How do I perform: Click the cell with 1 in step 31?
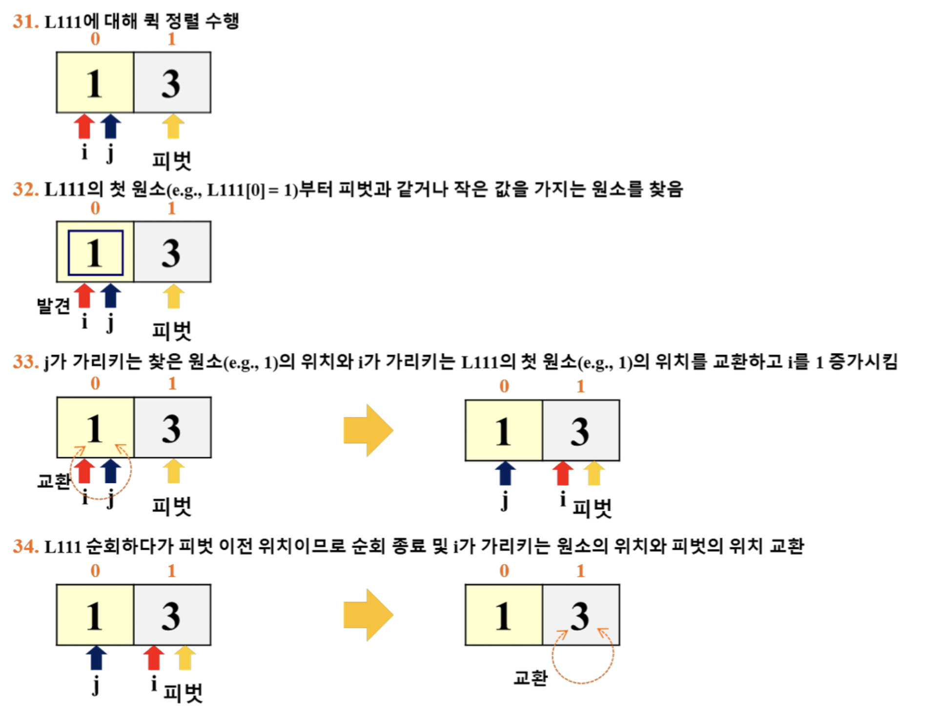pyautogui.click(x=95, y=83)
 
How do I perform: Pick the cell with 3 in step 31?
pyautogui.click(x=172, y=83)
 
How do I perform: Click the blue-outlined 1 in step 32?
pyautogui.click(x=95, y=253)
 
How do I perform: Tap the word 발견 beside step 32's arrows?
pyautogui.click(x=53, y=305)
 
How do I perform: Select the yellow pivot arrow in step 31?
pyautogui.click(x=173, y=126)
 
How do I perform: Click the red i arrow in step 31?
pyautogui.click(x=84, y=126)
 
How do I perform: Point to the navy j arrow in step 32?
pyautogui.click(x=111, y=296)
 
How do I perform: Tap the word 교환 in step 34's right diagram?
pyautogui.click(x=531, y=677)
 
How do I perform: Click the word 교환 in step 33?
pyautogui.click(x=53, y=481)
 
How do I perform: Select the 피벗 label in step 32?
pyautogui.click(x=172, y=331)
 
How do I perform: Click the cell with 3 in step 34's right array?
pyautogui.click(x=581, y=615)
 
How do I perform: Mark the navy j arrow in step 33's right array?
pyautogui.click(x=505, y=473)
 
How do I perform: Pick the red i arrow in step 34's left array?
pyautogui.click(x=154, y=658)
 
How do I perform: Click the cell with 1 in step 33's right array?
pyautogui.click(x=504, y=430)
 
